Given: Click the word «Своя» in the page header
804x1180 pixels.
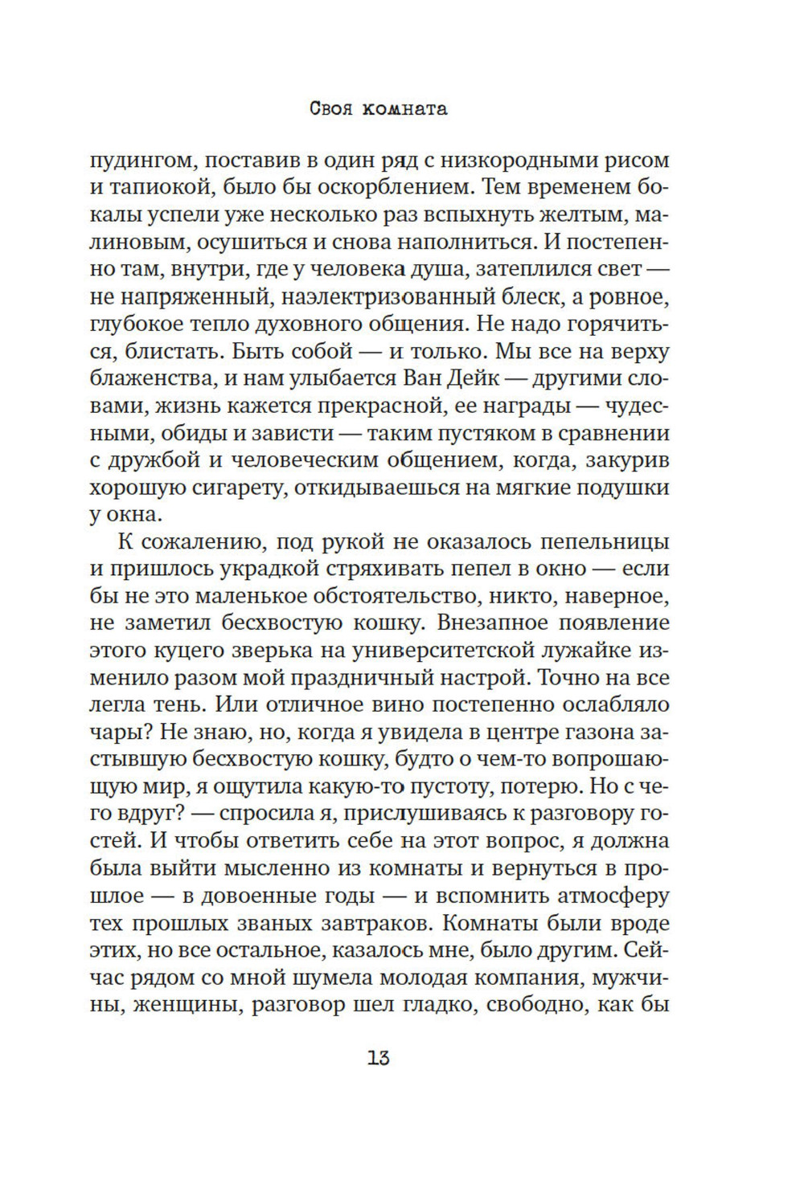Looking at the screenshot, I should coord(330,109).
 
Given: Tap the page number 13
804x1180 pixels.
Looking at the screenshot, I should coord(379,1058).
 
